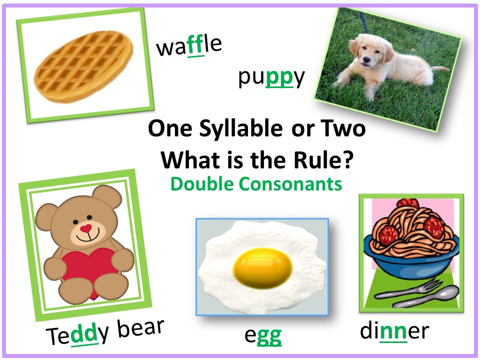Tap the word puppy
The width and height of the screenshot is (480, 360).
tap(271, 78)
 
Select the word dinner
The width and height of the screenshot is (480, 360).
tap(394, 331)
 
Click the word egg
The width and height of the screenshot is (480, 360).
tap(262, 336)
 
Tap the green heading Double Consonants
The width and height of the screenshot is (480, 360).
tap(256, 184)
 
